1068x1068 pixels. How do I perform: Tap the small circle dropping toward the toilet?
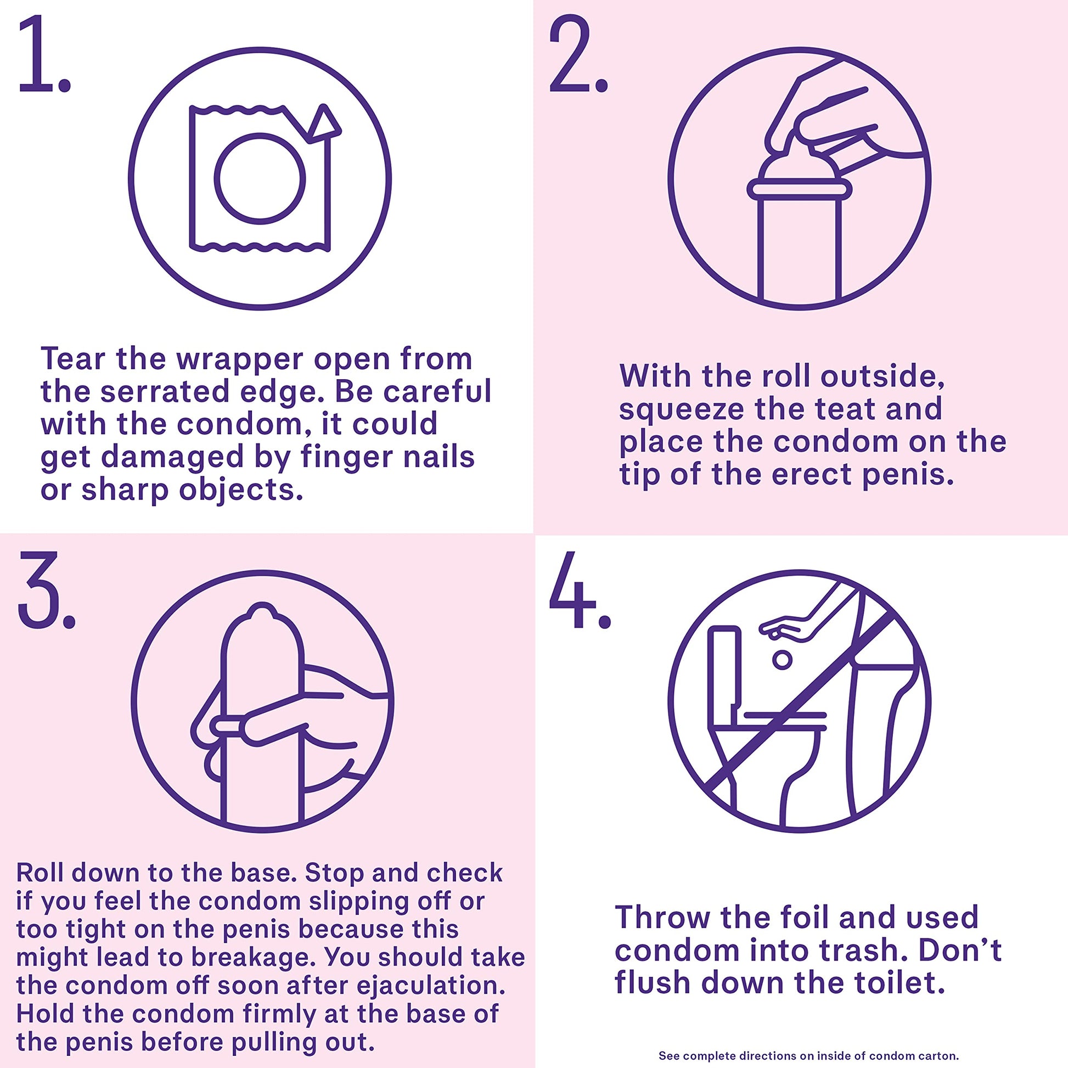pos(782,659)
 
